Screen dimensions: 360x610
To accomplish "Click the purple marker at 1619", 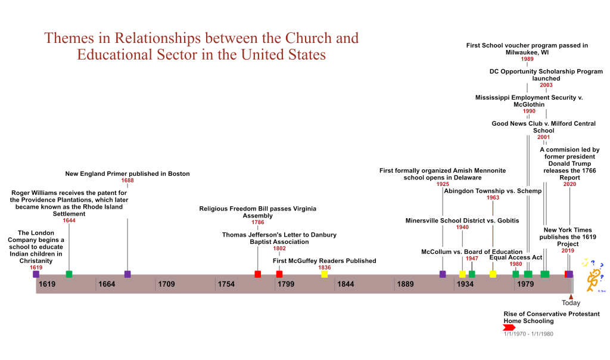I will (36, 274).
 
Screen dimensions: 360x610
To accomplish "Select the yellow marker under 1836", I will (324, 274).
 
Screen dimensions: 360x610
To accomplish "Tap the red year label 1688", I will (127, 181).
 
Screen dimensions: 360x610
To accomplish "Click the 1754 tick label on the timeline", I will (226, 284).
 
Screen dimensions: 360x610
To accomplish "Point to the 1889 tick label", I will (406, 284).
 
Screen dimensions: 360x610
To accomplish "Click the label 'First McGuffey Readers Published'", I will (324, 260).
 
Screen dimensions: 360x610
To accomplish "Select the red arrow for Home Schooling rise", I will (509, 327).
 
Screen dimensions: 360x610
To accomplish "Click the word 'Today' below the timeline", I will (571, 303).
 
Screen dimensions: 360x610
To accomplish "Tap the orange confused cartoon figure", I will (593, 277).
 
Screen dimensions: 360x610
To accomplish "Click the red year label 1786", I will (257, 222).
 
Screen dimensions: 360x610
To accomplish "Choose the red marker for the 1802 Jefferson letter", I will (279, 274).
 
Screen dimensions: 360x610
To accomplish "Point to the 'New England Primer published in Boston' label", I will (127, 174).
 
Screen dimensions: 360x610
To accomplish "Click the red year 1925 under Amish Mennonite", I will (443, 184).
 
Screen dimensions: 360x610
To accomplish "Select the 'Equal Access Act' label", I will (515, 257).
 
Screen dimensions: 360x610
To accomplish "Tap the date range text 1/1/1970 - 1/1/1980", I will (528, 334).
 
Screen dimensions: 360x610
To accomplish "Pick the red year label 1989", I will (527, 59).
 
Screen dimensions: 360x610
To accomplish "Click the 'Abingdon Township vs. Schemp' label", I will (493, 191).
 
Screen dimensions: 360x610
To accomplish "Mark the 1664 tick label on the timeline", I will (107, 284).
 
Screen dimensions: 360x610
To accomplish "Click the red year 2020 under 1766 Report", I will (569, 184).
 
